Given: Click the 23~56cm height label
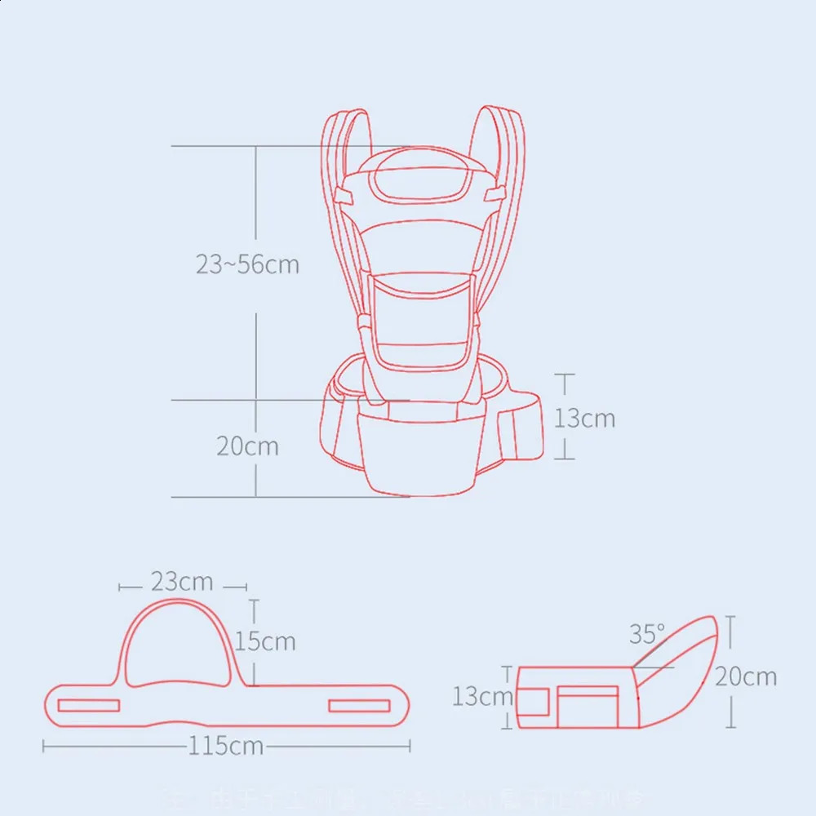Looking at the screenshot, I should coord(247,264).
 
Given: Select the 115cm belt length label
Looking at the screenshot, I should coord(226,746).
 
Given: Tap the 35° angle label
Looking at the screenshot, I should coord(647,633).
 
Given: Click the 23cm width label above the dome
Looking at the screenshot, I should coord(181,582).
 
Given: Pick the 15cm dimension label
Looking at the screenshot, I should coord(266,641).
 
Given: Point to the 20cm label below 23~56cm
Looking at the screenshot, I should coord(247,446).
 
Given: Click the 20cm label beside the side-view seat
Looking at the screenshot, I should coord(746,676).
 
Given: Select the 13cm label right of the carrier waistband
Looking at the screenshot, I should coord(584,418).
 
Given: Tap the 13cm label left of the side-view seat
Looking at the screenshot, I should coord(483,696).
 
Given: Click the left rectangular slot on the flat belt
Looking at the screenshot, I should coord(89,705).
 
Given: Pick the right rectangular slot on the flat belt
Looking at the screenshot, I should coord(359,705).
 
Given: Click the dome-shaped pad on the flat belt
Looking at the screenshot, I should coord(181,645).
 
